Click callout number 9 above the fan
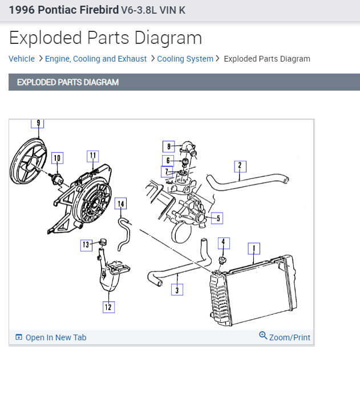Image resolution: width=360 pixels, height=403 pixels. coord(38,123)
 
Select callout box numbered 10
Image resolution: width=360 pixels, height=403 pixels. coord(56,158)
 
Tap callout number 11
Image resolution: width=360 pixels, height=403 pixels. coord(92,156)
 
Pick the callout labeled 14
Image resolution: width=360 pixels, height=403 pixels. coord(120,203)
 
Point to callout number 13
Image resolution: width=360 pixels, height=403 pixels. coord(86,245)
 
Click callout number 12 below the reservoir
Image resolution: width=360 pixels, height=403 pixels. coord(108,307)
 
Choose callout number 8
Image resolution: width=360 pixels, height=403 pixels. coord(168,147)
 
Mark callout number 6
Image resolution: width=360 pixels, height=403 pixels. coord(168,161)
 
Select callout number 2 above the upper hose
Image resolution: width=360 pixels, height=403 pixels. coord(240,166)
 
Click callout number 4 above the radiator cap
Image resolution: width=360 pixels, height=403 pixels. coord(224,243)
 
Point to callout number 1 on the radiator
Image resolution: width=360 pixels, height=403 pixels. coord(253,249)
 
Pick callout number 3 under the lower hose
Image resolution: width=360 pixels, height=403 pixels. coord(177,290)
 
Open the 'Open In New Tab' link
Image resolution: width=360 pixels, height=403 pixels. coord(55,337)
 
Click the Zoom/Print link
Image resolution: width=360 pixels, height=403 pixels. coord(289,337)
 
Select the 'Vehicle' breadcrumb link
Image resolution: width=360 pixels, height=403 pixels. coord(22,59)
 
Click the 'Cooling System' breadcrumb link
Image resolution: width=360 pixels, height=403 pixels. coord(185,59)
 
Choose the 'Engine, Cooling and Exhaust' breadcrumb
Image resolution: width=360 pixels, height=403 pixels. coord(96,59)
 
